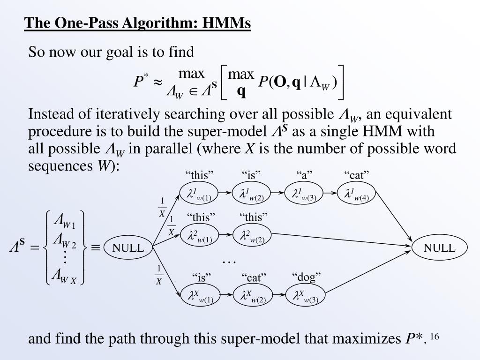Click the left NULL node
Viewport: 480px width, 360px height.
(x=127, y=248)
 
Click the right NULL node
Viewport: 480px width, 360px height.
(x=439, y=248)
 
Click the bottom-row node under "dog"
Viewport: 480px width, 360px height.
(x=305, y=296)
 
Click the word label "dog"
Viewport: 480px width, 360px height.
(x=307, y=277)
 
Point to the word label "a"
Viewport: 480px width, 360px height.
(x=304, y=175)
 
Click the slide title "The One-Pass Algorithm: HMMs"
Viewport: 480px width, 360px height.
(x=138, y=23)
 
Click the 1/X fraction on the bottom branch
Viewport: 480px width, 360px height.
(x=159, y=275)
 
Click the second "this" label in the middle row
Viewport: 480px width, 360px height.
(x=254, y=217)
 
